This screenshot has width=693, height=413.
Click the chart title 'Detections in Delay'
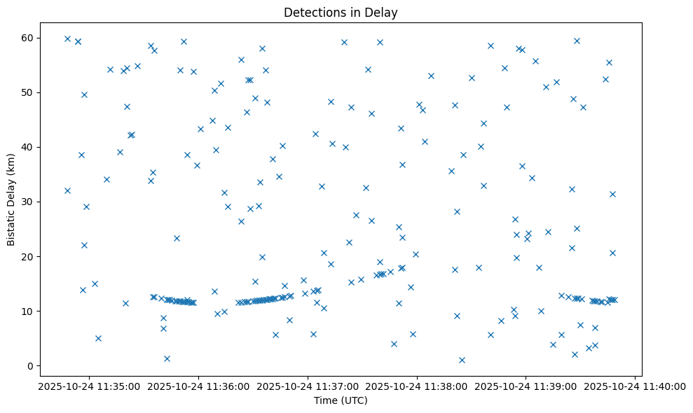[x=341, y=13]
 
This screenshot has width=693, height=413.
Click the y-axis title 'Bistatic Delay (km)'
[x=11, y=198]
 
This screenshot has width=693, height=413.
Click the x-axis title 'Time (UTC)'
[x=341, y=401]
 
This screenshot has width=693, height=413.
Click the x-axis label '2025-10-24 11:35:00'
[x=88, y=386]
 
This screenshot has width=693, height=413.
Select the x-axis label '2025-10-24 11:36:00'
[x=198, y=386]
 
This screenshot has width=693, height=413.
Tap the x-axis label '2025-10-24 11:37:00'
[x=307, y=386]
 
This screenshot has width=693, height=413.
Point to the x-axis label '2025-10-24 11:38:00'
[x=416, y=386]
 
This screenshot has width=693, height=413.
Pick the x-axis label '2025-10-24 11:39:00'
[x=526, y=386]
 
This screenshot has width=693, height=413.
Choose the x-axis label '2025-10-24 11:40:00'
[x=635, y=386]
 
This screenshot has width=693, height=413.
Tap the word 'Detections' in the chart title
[x=311, y=13]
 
